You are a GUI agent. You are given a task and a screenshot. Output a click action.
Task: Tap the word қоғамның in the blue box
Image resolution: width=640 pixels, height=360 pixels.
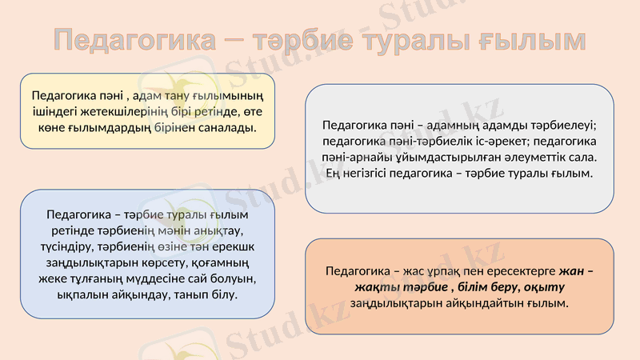click(x=224, y=262)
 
